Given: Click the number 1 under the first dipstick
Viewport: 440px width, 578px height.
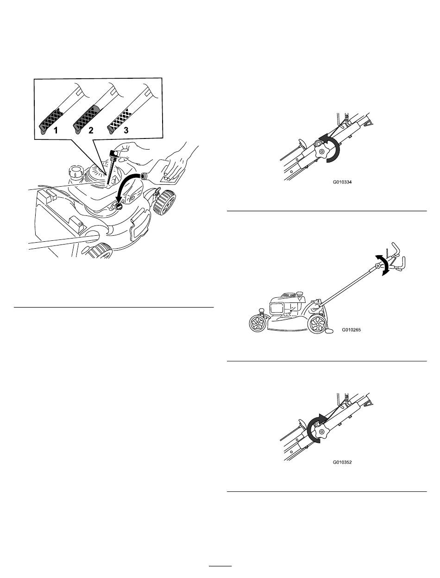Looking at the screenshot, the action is point(56,130).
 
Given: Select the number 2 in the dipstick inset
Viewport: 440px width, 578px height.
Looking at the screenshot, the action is point(91,130).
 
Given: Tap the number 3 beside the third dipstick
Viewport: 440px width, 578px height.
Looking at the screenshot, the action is point(126,130).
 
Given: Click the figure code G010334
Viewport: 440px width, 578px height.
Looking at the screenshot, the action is point(342,182).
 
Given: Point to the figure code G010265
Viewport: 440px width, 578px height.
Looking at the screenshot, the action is point(351,329).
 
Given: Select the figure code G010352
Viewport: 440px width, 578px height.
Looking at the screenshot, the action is point(342,462).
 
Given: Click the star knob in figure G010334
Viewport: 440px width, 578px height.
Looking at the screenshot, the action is point(321,151).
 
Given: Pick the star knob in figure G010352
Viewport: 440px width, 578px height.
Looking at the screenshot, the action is point(321,432).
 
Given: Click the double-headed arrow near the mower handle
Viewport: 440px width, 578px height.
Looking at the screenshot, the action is point(385,265).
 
